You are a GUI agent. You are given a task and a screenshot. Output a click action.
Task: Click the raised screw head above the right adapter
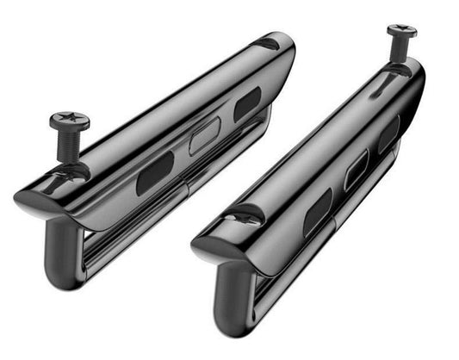click(400, 32)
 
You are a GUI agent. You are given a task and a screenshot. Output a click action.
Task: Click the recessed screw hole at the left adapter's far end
click(270, 43)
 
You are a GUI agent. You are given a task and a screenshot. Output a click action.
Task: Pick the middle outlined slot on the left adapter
click(204, 135)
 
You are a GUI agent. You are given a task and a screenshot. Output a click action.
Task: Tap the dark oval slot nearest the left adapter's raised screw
click(155, 173)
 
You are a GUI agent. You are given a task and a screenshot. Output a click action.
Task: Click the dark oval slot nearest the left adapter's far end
click(248, 104)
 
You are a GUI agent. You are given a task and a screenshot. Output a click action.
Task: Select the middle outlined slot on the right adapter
click(356, 171)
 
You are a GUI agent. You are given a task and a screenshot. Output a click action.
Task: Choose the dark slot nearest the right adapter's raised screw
click(388, 134)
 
